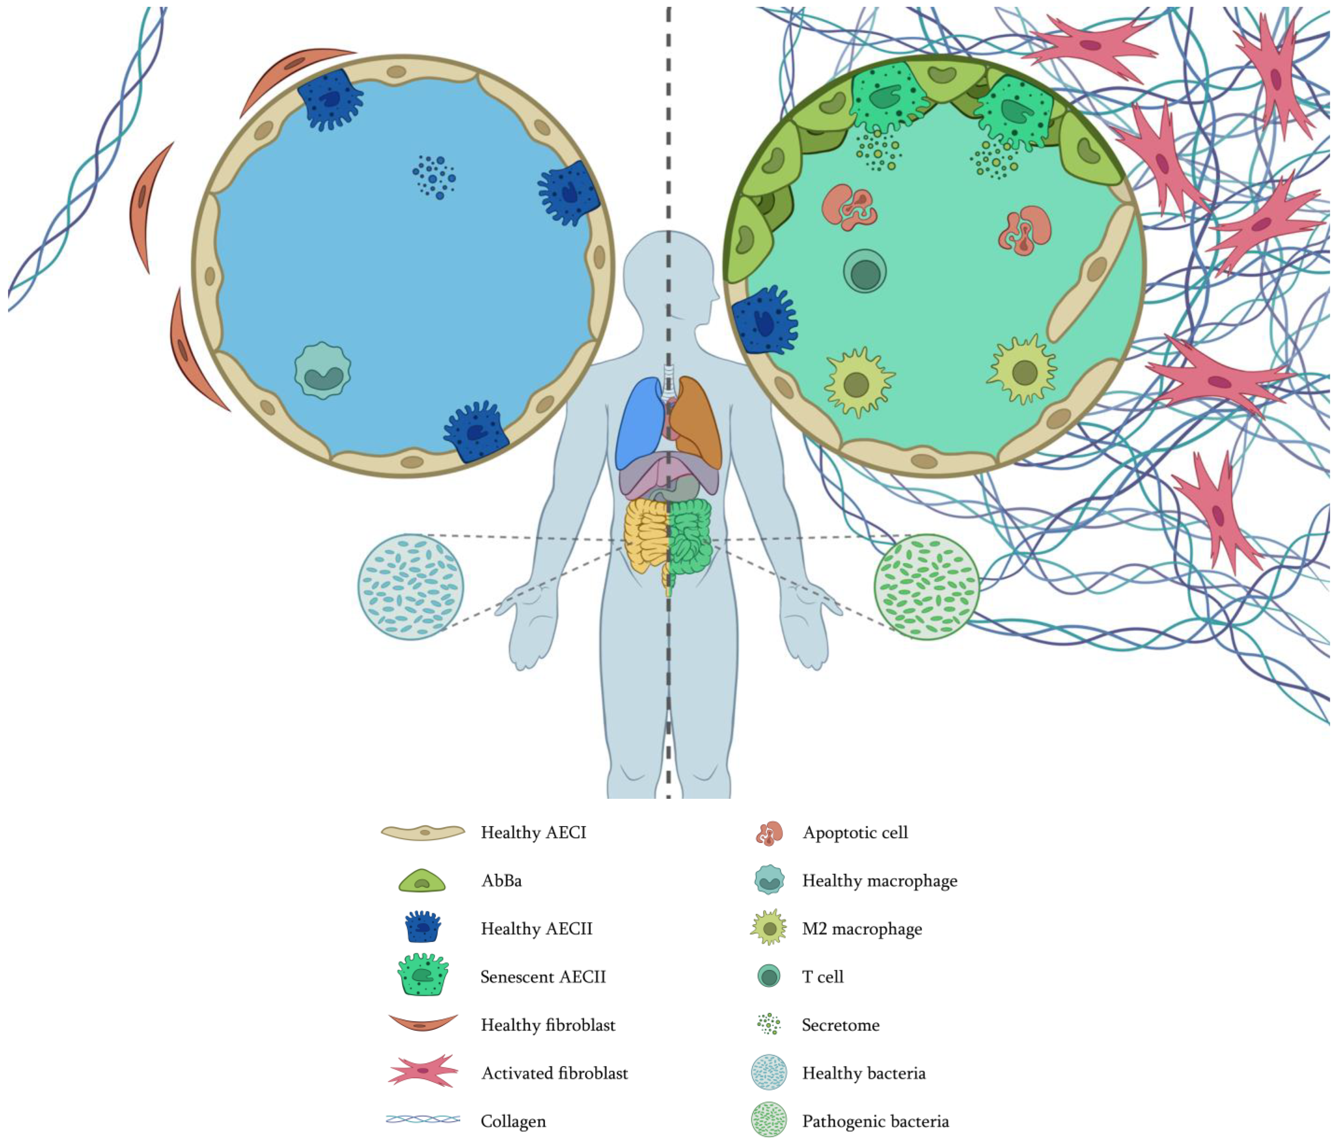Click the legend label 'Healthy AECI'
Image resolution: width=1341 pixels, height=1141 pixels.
tap(533, 833)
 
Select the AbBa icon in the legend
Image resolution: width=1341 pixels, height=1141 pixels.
tap(422, 881)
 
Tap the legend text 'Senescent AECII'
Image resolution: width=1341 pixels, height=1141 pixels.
tap(543, 977)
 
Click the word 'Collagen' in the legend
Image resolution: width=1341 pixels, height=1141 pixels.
tap(513, 1121)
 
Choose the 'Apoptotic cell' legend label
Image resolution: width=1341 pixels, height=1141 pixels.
tap(854, 833)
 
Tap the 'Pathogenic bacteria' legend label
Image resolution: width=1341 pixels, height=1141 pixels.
tap(874, 1121)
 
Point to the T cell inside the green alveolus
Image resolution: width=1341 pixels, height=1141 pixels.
tap(864, 271)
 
